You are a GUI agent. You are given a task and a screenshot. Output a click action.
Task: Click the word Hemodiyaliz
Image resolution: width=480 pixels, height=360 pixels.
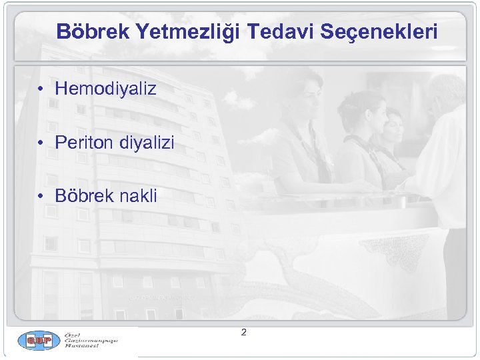[106, 88]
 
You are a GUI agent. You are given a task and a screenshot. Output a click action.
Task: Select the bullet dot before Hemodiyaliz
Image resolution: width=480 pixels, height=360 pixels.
[41, 89]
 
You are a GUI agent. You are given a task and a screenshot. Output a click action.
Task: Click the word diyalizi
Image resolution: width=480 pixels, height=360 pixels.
[146, 142]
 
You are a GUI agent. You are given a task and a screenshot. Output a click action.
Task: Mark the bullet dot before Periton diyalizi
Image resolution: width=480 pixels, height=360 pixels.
[41, 143]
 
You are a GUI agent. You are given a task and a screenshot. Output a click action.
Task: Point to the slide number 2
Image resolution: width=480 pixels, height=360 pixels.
[243, 332]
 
